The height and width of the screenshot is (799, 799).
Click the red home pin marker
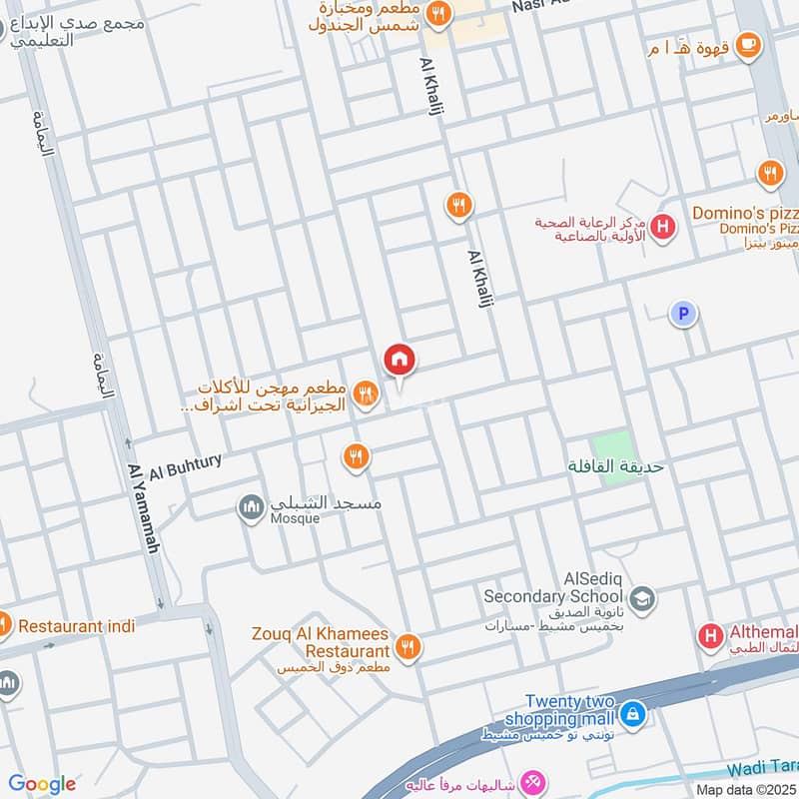tap(399, 360)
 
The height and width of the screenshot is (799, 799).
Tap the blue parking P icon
tap(683, 315)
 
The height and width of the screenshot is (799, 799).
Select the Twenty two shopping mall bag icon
tap(631, 714)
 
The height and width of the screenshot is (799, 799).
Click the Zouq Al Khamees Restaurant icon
tap(407, 648)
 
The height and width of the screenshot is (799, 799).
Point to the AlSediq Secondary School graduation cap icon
tap(642, 597)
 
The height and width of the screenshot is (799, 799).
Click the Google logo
tap(42, 784)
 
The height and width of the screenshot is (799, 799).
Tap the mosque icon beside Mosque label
tap(251, 508)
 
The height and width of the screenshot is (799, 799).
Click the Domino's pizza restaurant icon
tap(769, 174)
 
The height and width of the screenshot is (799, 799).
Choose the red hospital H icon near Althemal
tap(711, 634)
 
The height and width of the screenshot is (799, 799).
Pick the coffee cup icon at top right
tap(747, 44)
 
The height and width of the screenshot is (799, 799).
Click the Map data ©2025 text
tap(746, 789)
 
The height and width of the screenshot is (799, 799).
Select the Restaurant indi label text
tap(76, 626)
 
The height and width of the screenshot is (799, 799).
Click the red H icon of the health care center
tap(661, 229)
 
